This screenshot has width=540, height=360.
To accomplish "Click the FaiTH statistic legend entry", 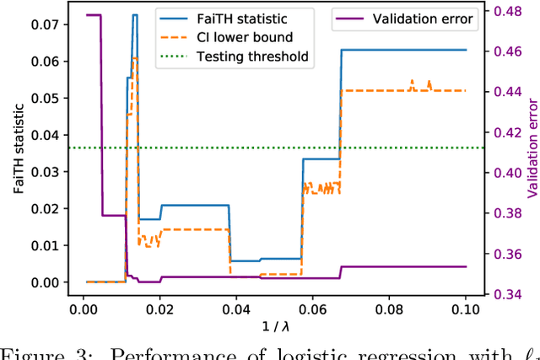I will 237,18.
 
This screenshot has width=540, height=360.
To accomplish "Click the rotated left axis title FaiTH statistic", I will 18,151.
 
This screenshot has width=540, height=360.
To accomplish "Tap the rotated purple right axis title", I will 532,151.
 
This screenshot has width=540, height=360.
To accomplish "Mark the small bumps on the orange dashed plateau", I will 419,83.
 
